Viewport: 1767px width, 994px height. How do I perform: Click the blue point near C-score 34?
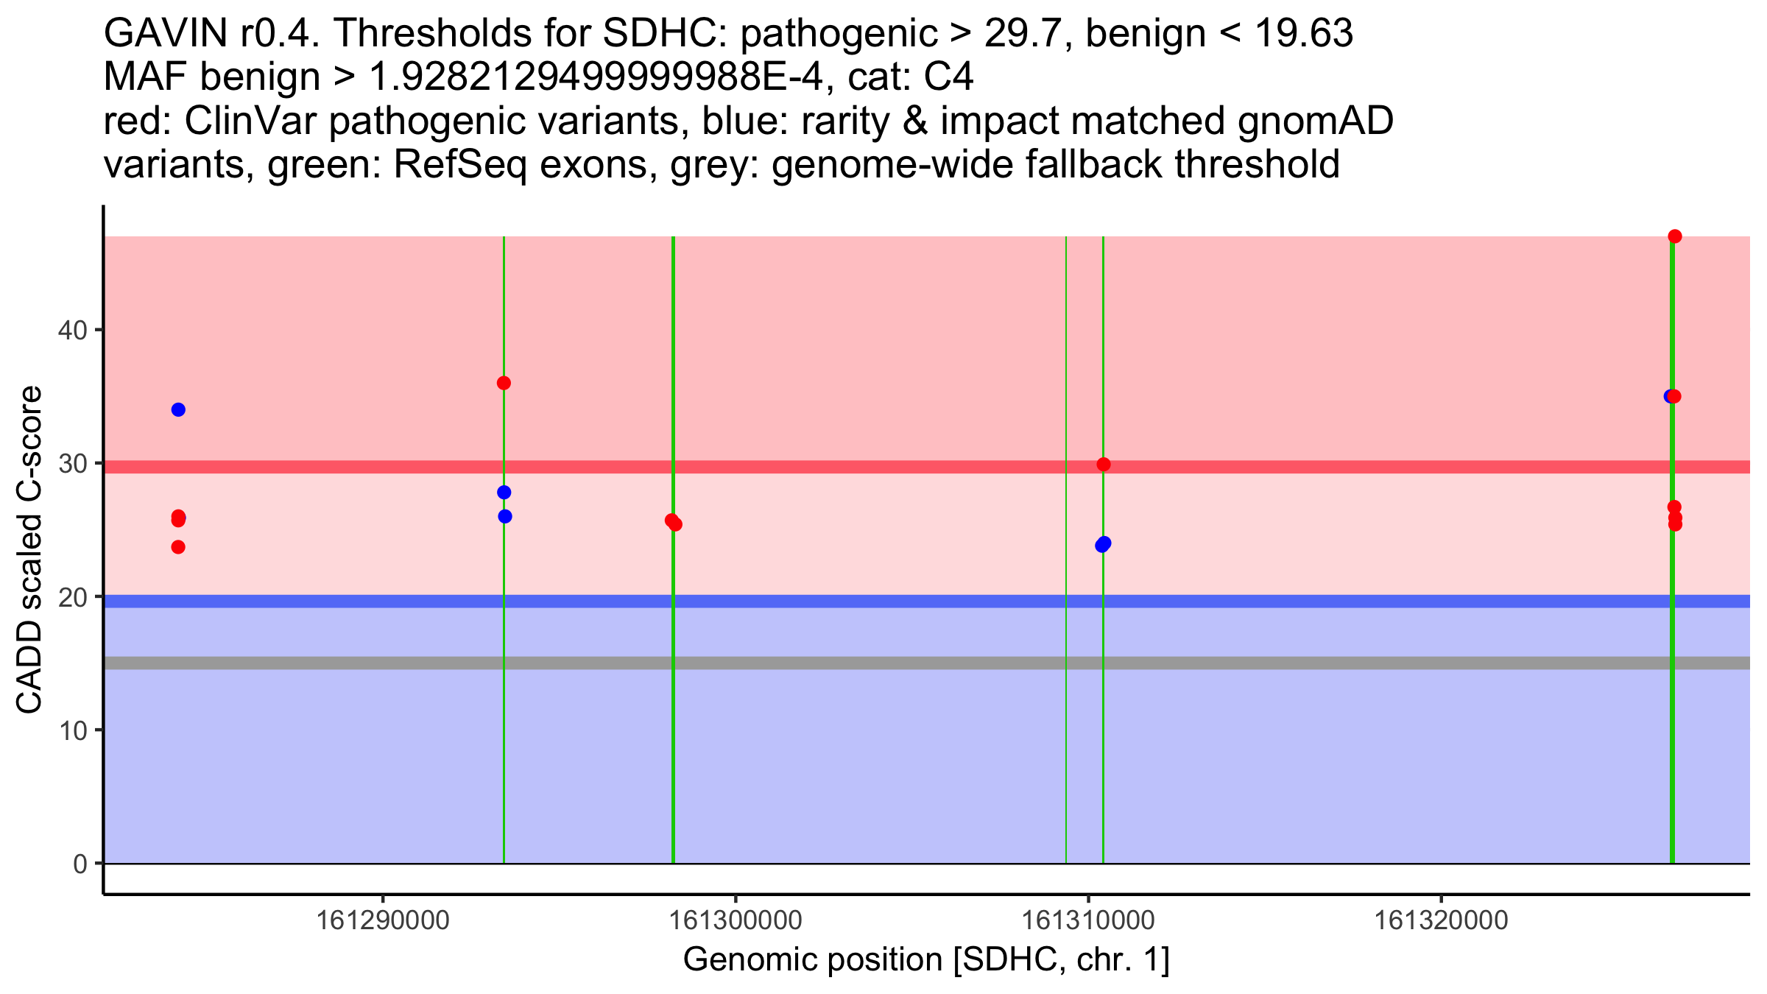[178, 409]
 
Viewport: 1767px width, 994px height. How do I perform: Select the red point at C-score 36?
[504, 383]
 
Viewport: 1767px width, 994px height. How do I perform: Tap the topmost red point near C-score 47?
[1675, 236]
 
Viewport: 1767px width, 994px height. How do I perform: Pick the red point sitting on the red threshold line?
[1103, 465]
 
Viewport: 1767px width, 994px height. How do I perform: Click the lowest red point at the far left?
[178, 547]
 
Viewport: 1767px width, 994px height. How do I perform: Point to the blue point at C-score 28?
[504, 492]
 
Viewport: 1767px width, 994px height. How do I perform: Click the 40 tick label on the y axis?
[71, 330]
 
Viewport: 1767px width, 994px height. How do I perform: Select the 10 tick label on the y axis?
[71, 730]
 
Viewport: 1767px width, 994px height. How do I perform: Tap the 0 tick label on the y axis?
[80, 864]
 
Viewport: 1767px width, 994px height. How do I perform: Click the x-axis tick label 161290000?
[382, 920]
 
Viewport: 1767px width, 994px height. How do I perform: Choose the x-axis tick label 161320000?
[1441, 920]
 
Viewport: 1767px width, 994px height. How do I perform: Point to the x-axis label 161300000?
[735, 920]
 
